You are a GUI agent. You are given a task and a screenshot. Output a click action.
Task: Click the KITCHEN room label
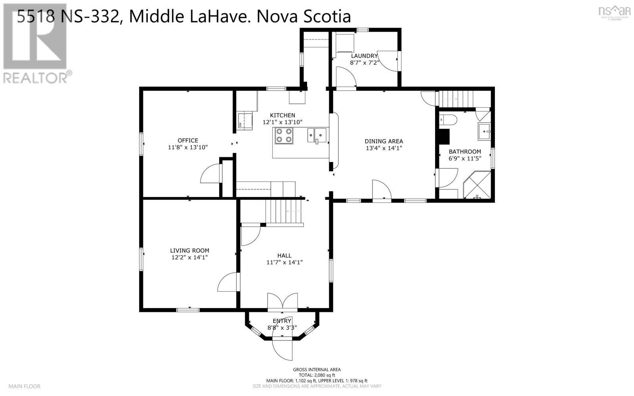(x=283, y=115)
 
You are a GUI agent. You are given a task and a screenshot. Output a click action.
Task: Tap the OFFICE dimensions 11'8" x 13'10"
(x=188, y=147)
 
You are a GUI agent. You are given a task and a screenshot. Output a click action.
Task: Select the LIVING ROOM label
(x=189, y=251)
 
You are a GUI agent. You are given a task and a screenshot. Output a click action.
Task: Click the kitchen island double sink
(x=317, y=135)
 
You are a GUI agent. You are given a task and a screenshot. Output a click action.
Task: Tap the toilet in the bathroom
(x=448, y=119)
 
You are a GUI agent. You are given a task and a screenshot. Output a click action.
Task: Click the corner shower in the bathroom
(x=477, y=185)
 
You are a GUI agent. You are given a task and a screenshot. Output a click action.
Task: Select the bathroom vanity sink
(x=484, y=132)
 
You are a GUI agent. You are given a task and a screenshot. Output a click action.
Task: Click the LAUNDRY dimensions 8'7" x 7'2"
(x=365, y=63)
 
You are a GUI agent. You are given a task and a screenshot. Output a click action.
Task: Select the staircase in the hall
(x=284, y=212)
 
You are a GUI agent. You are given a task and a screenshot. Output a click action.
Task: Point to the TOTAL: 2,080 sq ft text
(x=317, y=375)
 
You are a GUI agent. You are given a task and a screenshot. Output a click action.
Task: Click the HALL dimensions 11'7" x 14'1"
(x=285, y=262)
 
